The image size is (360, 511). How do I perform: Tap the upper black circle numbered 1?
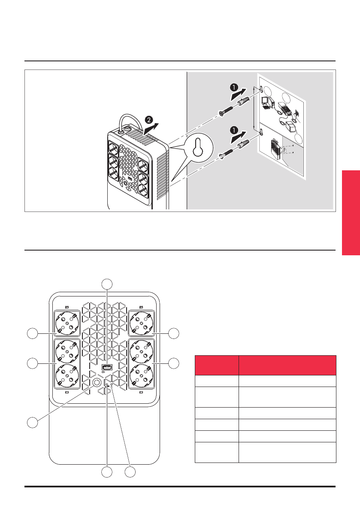point(234,88)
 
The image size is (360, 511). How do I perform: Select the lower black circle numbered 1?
point(234,128)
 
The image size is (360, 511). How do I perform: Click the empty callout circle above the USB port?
point(107,284)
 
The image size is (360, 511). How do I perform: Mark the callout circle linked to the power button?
point(31,422)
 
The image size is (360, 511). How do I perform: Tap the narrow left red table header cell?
point(217,365)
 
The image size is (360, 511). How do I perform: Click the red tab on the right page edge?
point(351,213)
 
